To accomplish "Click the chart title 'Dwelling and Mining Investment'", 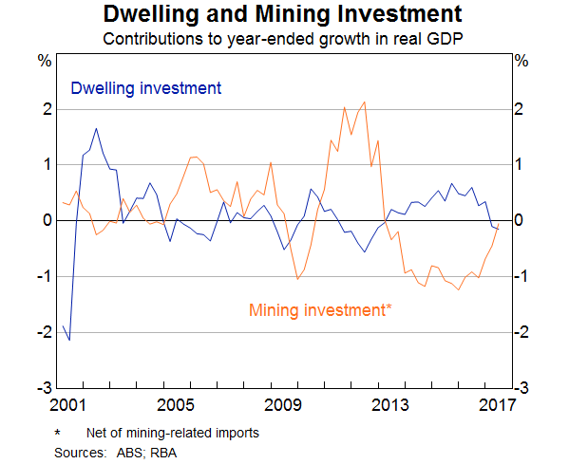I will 283,15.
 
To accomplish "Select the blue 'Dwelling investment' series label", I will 146,88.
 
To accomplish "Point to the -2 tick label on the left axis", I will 42,332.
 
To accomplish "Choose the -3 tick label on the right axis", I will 522,389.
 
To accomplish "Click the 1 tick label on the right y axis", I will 519,165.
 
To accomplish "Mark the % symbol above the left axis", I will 44,61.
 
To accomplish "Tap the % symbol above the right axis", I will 521,61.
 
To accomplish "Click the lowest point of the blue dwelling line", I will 69,340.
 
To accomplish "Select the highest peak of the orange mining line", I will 365,102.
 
